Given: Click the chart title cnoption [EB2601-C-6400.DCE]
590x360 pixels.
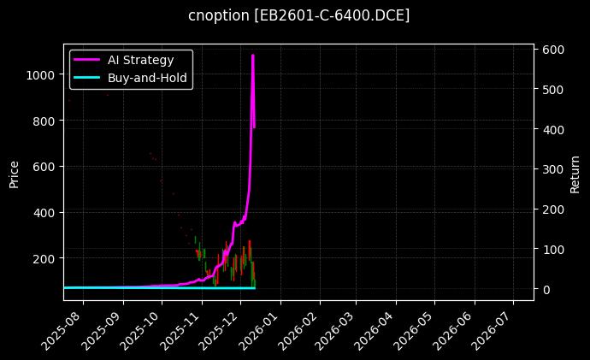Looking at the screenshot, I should (298, 15).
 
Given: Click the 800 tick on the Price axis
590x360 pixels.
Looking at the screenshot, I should (44, 121).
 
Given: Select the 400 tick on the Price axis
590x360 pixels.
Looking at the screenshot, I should (44, 212).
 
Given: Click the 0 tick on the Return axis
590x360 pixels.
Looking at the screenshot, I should (545, 290).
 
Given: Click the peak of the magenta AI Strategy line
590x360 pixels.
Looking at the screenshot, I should (252, 56).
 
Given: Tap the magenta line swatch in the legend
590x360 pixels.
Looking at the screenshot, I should (88, 60).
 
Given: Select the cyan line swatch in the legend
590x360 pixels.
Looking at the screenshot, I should (88, 78).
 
